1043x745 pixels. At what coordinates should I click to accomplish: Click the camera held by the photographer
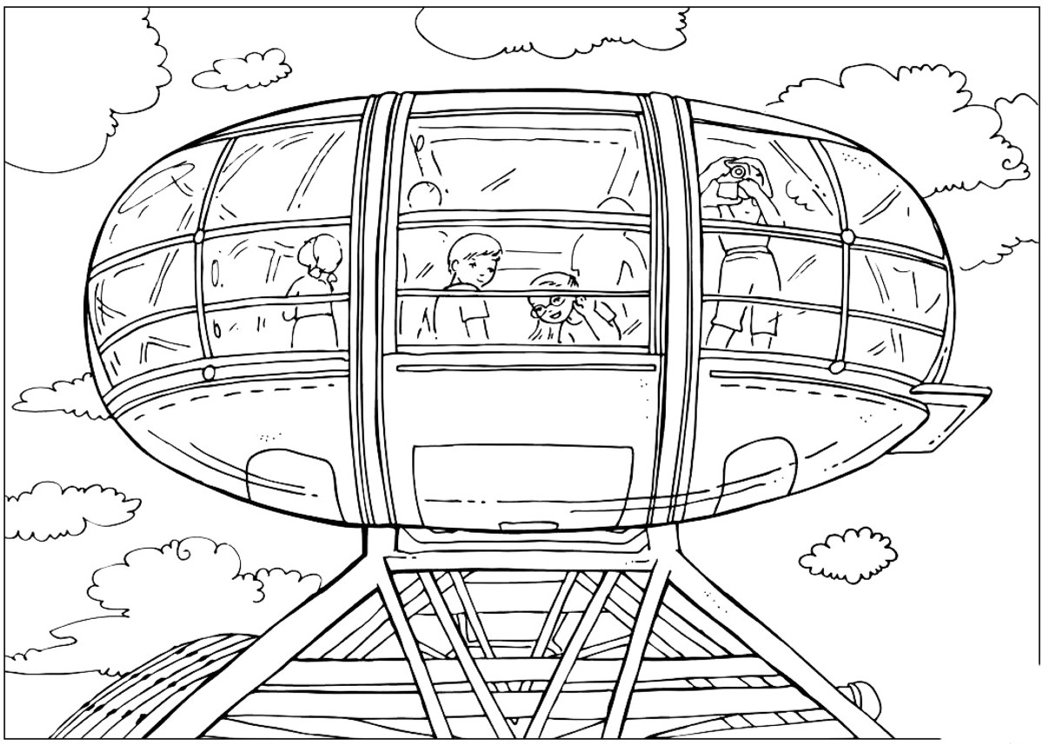pos(738,170)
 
